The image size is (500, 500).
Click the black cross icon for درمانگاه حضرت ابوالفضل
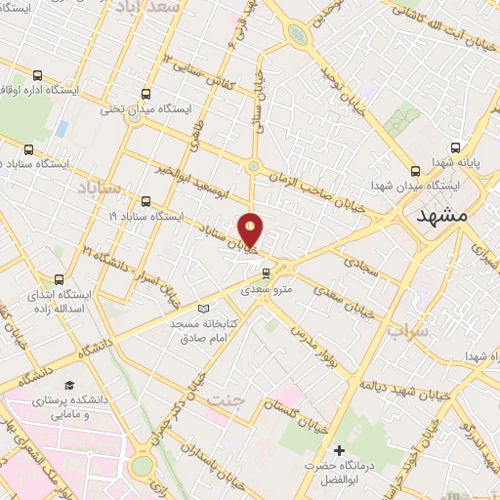click(340, 450)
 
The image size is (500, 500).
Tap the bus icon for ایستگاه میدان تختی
click(146, 95)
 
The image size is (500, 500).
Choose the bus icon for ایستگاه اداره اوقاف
click(37, 75)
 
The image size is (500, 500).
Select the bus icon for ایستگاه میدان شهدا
click(417, 168)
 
